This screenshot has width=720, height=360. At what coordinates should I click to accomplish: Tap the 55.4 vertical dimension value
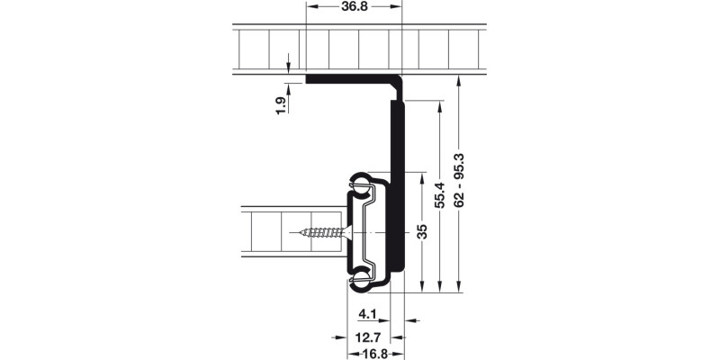pyautogui.click(x=440, y=193)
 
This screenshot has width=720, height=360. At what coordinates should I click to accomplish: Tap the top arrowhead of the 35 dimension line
pyautogui.click(x=421, y=177)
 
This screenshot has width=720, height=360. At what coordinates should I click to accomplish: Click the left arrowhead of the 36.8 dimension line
pyautogui.click(x=311, y=6)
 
